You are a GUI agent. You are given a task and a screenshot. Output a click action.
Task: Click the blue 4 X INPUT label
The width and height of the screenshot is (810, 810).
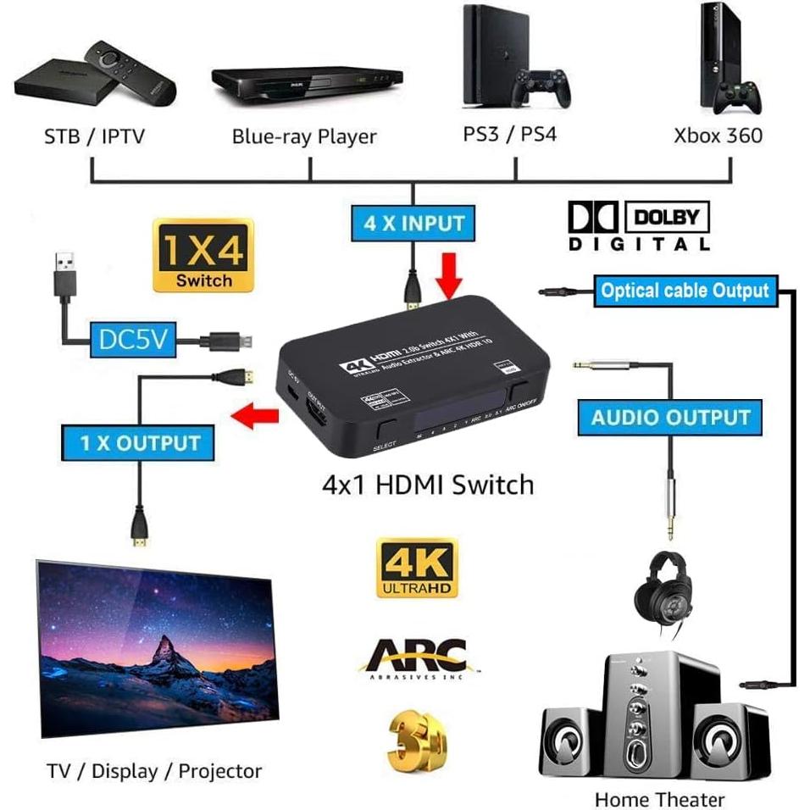(413, 225)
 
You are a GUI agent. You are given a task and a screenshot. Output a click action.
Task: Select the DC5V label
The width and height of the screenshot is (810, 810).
(132, 341)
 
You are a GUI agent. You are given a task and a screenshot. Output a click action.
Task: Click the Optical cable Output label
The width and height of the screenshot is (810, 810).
(684, 291)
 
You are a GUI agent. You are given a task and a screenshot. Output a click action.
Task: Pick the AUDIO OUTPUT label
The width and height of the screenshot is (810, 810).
(671, 417)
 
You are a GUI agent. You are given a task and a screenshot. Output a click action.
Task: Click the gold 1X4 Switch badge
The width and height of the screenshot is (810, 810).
(203, 257)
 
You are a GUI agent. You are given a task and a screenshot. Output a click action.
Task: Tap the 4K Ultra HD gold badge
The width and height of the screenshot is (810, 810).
(417, 569)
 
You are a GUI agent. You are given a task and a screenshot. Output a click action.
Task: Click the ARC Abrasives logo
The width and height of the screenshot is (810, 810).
(418, 657)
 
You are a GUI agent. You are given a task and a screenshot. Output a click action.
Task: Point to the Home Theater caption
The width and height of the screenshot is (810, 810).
(659, 799)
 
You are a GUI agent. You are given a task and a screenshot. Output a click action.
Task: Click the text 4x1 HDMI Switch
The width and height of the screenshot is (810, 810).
(428, 485)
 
